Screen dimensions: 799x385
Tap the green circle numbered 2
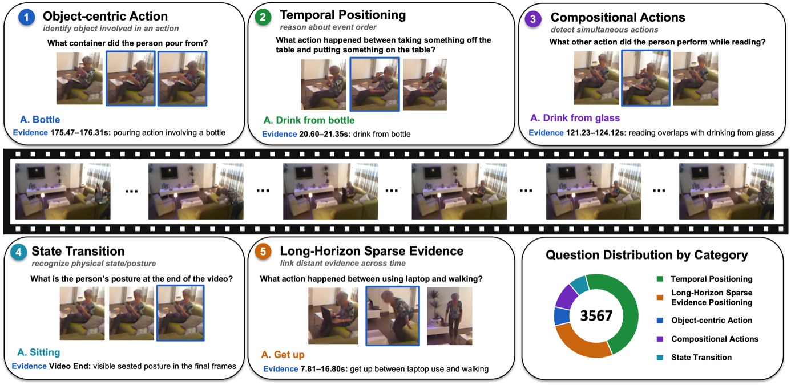click(263, 17)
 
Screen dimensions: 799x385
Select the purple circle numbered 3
click(533, 18)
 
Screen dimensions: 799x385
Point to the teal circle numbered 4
click(18, 252)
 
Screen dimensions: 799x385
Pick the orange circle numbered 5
click(263, 252)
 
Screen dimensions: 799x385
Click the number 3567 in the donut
click(596, 315)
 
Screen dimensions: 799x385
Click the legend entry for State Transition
click(694, 357)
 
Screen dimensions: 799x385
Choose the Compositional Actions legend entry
click(708, 339)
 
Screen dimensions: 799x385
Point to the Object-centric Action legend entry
click(704, 320)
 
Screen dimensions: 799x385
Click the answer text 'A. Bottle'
click(40, 119)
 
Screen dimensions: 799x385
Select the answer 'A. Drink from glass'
click(575, 118)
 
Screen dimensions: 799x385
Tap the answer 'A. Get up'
click(283, 355)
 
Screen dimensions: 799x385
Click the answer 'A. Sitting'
click(39, 352)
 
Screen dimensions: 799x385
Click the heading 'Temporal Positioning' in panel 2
click(343, 15)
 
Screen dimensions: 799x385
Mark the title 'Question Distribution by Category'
click(647, 255)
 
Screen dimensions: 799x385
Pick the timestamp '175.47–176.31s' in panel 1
click(80, 132)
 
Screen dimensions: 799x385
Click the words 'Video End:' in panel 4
click(70, 366)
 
